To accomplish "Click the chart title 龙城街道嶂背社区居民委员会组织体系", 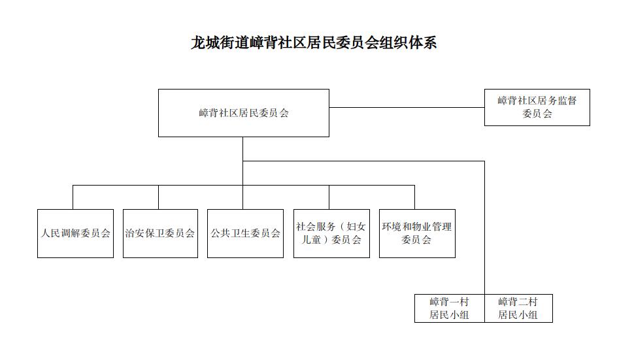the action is click(314, 42).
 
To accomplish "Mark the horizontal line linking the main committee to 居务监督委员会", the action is click(407, 107).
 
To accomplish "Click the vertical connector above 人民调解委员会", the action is click(73, 197).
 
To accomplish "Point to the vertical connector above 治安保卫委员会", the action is click(158, 197).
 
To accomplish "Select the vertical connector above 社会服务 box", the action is click(329, 197).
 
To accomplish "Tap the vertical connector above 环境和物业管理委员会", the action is click(414, 197).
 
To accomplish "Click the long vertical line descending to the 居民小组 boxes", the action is click(484, 228).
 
